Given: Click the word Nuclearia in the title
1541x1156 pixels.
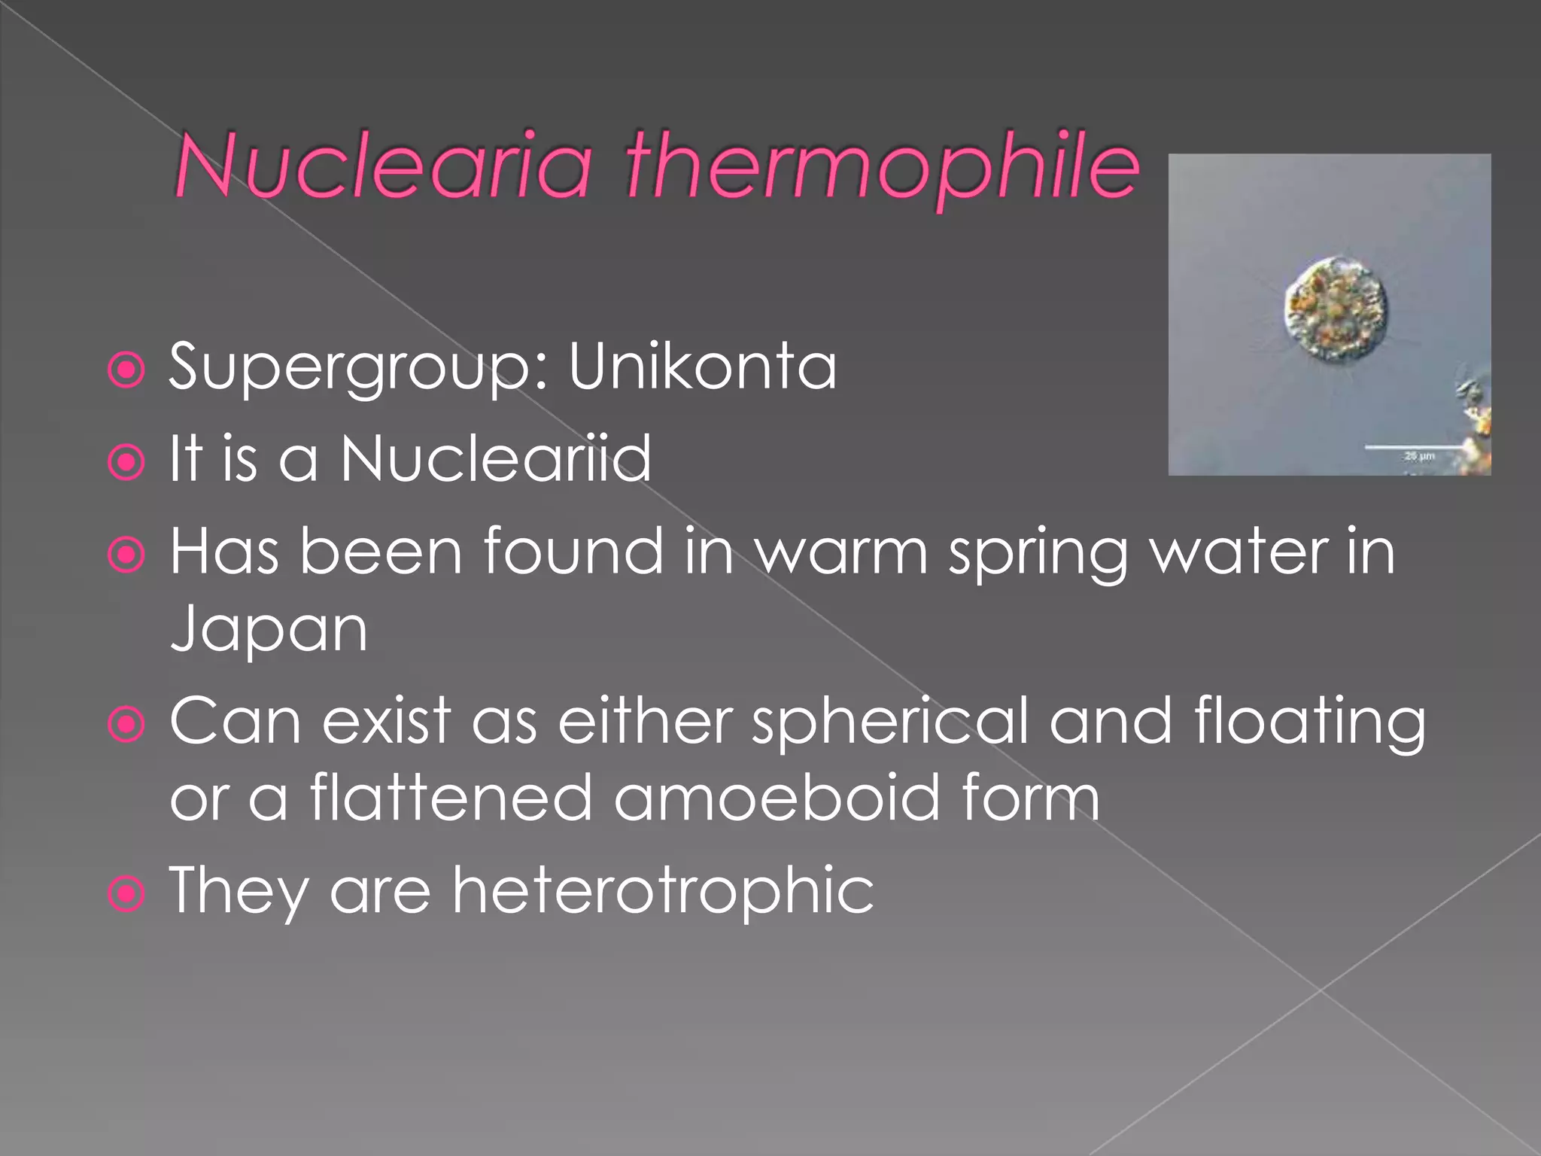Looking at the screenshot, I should tap(383, 165).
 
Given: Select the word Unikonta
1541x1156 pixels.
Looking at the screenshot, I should tap(701, 367).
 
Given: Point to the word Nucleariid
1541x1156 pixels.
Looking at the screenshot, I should tap(496, 458).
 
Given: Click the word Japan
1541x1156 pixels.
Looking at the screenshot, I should tap(269, 628).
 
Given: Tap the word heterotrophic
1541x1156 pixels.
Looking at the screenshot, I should tap(662, 890).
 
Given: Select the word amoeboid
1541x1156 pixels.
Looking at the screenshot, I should tap(776, 798).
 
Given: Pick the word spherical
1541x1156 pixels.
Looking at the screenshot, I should tap(889, 721).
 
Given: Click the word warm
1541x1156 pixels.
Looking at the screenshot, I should tap(841, 552).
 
